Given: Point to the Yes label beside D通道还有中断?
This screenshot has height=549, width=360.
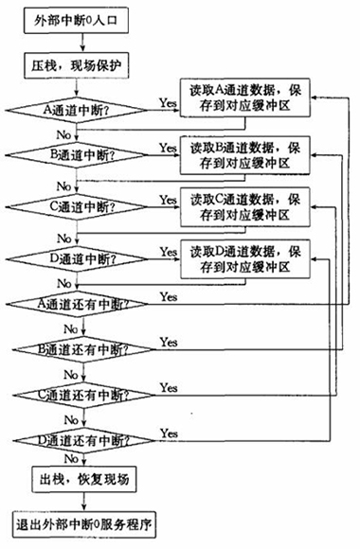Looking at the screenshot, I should [171, 432].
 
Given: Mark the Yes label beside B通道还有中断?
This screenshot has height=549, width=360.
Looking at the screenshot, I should [171, 341].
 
